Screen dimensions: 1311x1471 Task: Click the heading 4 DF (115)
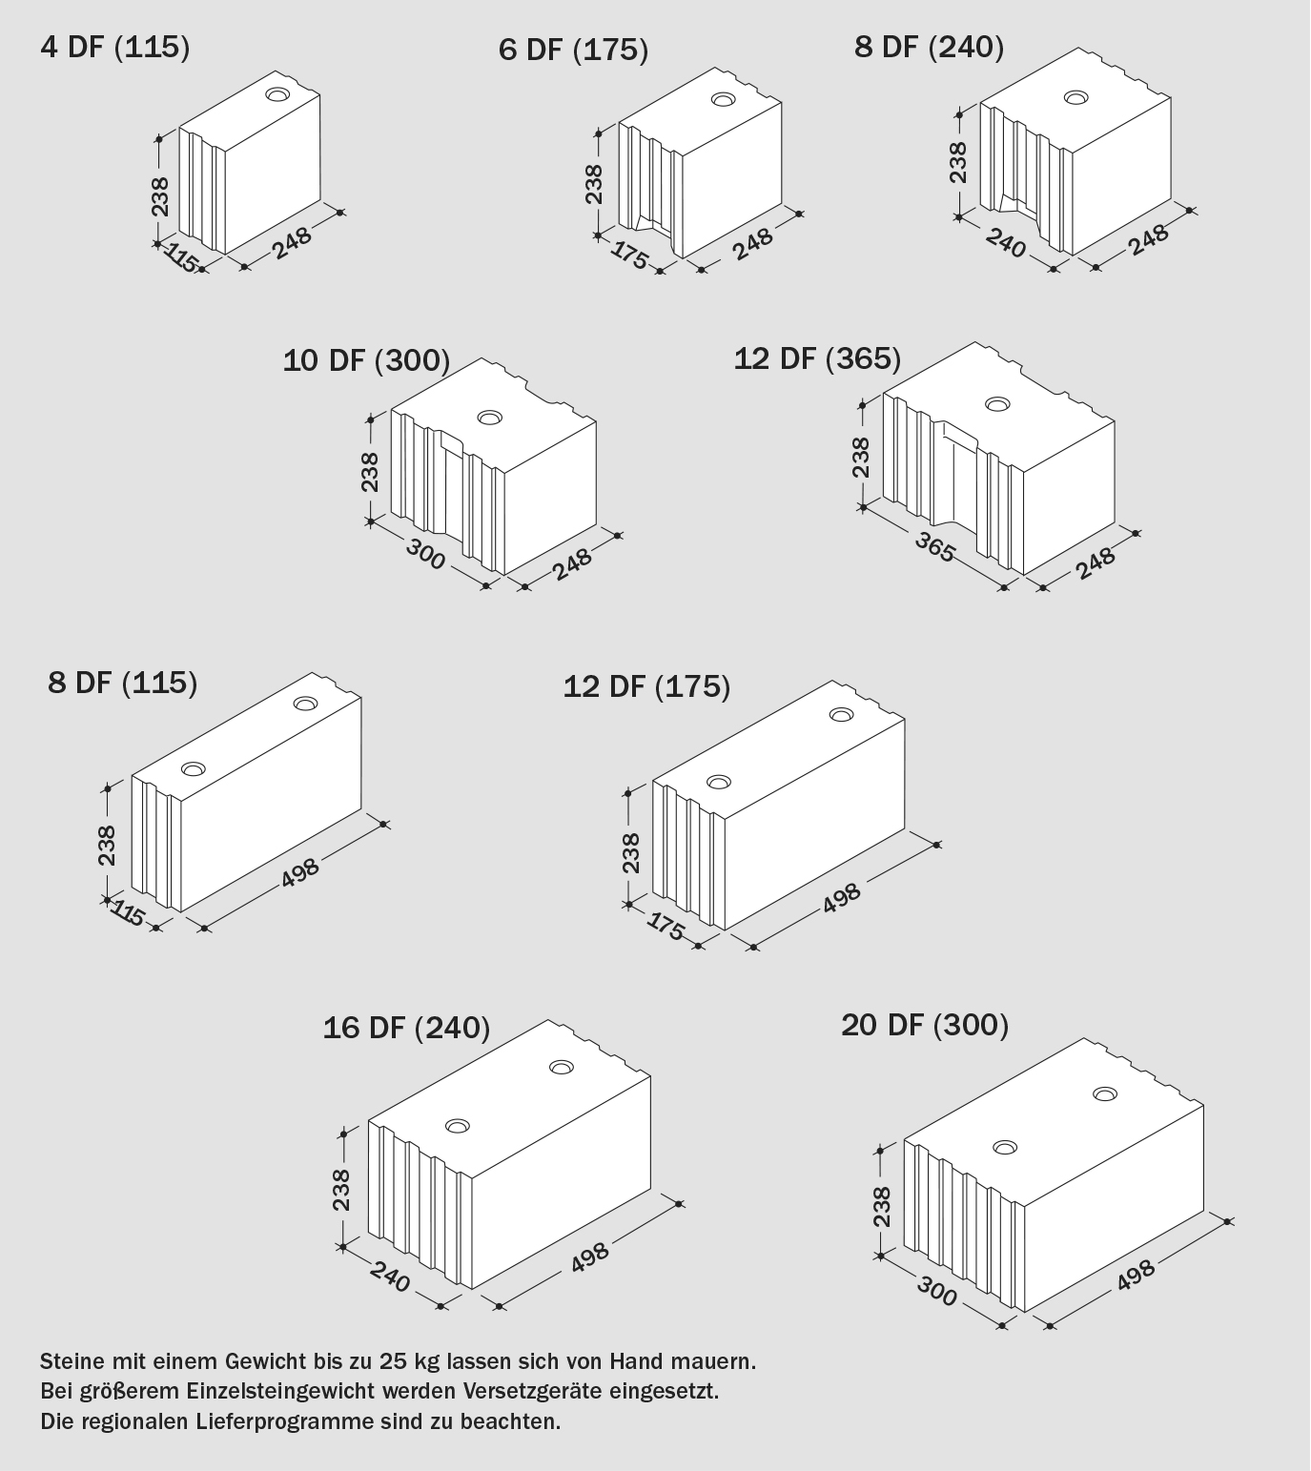(x=115, y=48)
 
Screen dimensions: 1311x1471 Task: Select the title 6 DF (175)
(x=573, y=50)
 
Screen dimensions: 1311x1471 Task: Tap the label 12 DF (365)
(x=817, y=358)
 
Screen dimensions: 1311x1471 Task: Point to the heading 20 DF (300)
(x=925, y=1025)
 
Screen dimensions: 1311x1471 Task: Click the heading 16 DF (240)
(x=406, y=1028)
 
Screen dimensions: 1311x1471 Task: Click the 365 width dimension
(x=934, y=546)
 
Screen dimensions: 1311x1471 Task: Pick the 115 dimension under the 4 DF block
(x=181, y=257)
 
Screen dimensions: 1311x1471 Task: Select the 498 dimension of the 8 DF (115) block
(x=300, y=871)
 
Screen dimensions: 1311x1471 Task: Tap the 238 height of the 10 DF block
(x=370, y=472)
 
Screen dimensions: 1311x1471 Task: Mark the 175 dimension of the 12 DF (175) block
(x=666, y=927)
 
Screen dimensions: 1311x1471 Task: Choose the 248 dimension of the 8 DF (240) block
(x=1148, y=239)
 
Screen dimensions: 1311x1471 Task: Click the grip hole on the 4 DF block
(x=277, y=94)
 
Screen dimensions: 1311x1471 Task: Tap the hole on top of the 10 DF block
(x=489, y=418)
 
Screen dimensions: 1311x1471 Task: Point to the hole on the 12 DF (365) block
(x=997, y=403)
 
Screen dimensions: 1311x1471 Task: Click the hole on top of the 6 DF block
(x=723, y=99)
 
